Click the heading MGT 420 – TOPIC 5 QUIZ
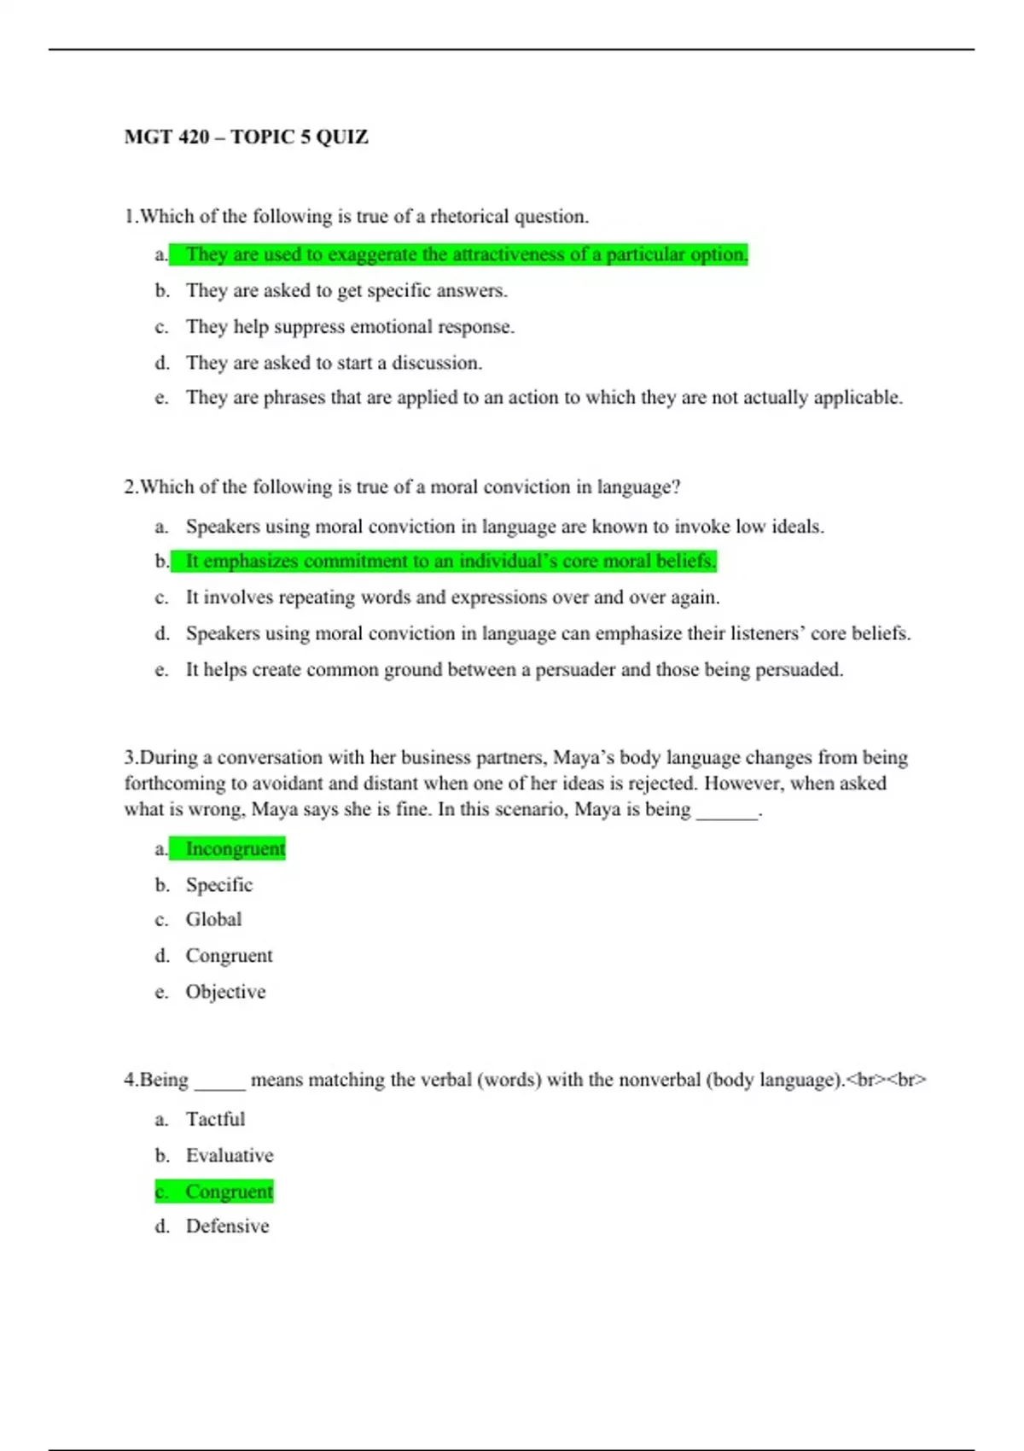(x=246, y=137)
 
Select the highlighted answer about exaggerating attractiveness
(x=466, y=254)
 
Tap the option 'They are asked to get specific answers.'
(x=346, y=291)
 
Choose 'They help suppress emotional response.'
(x=350, y=327)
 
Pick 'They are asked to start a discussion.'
(x=334, y=363)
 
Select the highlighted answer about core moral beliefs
(x=451, y=561)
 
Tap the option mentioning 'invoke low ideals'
(x=504, y=527)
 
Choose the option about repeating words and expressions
(x=452, y=597)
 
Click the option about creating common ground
(x=514, y=670)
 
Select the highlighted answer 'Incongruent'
(x=235, y=848)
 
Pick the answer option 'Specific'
(x=219, y=885)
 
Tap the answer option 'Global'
(x=213, y=919)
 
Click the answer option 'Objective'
(x=225, y=992)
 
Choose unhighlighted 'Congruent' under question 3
(x=229, y=956)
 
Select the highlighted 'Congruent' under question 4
(x=229, y=1192)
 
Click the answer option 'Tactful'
(x=215, y=1119)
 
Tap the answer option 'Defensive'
(x=227, y=1227)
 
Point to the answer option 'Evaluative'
(x=230, y=1156)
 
